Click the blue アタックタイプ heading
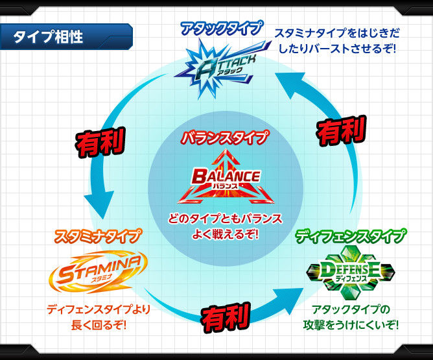(x=222, y=27)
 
